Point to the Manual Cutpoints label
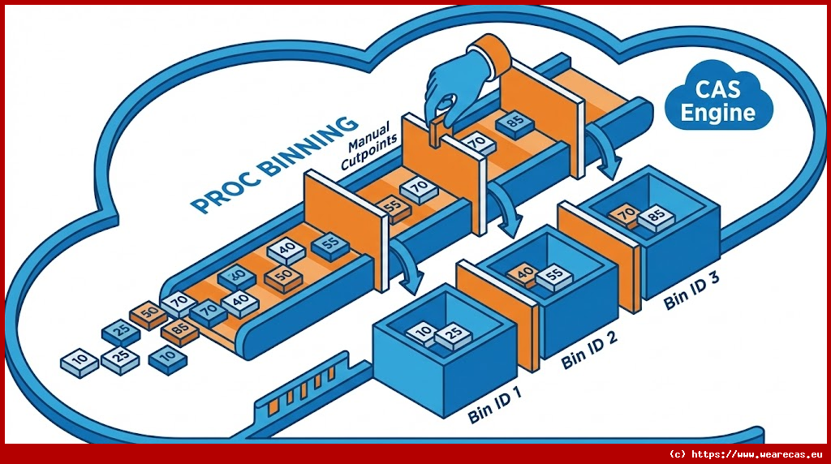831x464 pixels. coord(369,144)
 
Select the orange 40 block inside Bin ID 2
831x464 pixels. coord(524,273)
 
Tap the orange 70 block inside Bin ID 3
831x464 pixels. coord(626,214)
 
